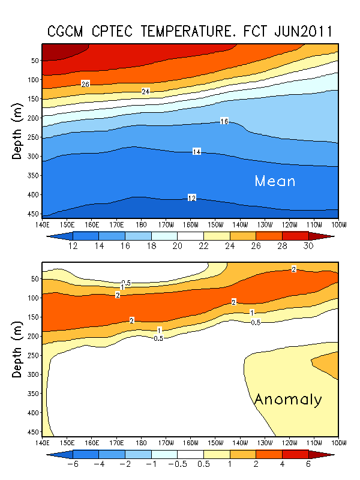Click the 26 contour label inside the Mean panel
pyautogui.click(x=86, y=84)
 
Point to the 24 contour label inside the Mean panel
pyautogui.click(x=146, y=91)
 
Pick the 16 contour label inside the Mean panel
pyautogui.click(x=224, y=121)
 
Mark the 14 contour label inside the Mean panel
pyautogui.click(x=196, y=152)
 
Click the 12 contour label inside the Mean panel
pyautogui.click(x=192, y=197)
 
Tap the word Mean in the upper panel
pyautogui.click(x=275, y=181)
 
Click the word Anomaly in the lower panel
pyautogui.click(x=288, y=400)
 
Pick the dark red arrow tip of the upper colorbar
pyautogui.click(x=329, y=236)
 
